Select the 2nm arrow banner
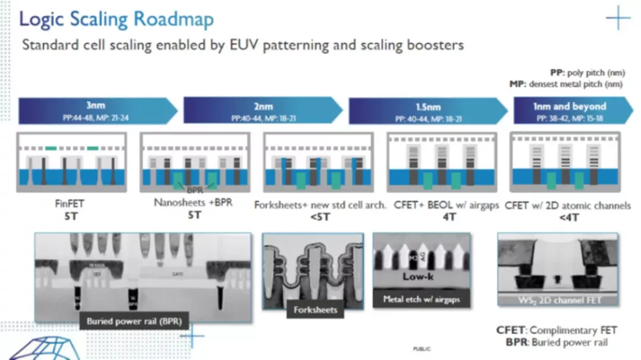[x=261, y=111]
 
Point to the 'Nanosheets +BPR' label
[x=193, y=203]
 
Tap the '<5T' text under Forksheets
[x=319, y=216]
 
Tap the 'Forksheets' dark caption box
[x=315, y=310]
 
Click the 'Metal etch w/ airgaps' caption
[x=421, y=299]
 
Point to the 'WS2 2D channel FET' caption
[x=557, y=301]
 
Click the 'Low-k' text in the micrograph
[x=418, y=276]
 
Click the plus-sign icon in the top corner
[x=618, y=18]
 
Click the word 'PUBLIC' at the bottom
[x=422, y=349]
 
